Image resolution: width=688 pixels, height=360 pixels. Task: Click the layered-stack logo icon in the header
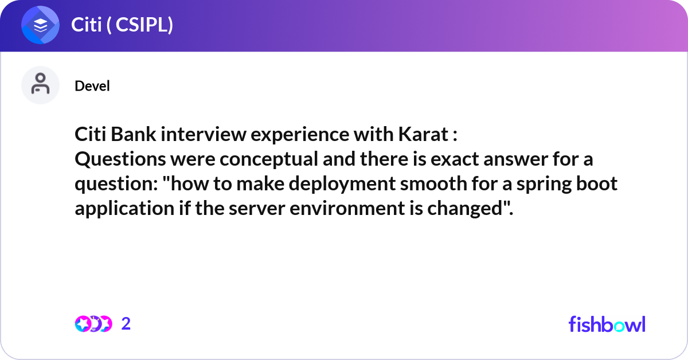click(40, 25)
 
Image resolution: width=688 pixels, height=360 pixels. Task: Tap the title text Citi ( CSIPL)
click(122, 25)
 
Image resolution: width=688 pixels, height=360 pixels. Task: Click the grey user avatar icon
click(40, 85)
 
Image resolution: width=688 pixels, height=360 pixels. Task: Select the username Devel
click(92, 85)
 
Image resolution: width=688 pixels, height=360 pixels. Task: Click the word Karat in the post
click(424, 134)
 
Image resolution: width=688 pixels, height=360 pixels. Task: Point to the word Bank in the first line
click(133, 134)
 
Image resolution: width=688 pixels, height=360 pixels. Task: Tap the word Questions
click(120, 159)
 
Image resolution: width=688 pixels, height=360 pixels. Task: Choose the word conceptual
click(269, 159)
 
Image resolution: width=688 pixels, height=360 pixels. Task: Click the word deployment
click(342, 183)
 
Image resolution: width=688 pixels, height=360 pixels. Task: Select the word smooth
click(433, 183)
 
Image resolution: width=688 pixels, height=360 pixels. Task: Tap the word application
click(125, 209)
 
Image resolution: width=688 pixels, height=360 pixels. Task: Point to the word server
click(257, 209)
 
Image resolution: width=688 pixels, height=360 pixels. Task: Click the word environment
click(347, 209)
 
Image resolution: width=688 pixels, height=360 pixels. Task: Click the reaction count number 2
click(126, 324)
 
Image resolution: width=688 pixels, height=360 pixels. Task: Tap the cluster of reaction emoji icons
click(93, 324)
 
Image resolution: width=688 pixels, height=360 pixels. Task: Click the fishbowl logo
click(607, 324)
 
